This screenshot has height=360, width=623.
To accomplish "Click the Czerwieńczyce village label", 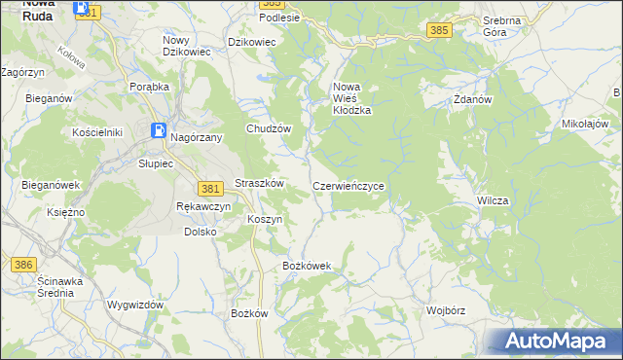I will pos(354,185).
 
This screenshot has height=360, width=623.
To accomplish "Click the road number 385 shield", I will pos(439,31).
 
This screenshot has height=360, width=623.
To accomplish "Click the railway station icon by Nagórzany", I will pos(157,130).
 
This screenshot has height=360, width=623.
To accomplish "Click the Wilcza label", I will pos(493,200).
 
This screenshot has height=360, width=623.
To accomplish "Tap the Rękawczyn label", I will pos(203,207).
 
